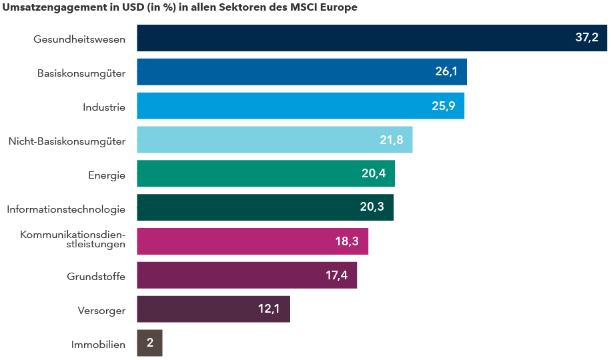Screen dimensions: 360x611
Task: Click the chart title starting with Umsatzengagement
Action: [x=180, y=8]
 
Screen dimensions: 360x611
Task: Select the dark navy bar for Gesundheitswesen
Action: [x=354, y=38]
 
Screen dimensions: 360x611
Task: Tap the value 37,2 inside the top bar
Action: [x=586, y=38]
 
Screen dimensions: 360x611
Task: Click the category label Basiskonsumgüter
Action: [x=81, y=73]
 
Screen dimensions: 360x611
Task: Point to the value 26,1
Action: [x=446, y=72]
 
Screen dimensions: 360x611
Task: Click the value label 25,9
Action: [x=444, y=106]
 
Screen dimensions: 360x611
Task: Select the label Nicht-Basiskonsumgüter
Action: [x=67, y=141]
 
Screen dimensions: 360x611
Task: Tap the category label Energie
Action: [x=107, y=175]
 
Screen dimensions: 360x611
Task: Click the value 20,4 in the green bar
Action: [x=374, y=174]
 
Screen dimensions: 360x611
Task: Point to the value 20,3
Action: [x=372, y=207]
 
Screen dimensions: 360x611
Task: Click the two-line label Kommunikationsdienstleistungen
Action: [x=73, y=239]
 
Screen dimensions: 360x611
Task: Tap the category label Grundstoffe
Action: [x=96, y=277]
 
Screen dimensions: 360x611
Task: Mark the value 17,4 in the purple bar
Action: [x=336, y=275]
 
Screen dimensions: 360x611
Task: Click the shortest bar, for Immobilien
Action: [x=149, y=343]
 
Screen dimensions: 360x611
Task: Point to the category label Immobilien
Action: [x=98, y=345]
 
